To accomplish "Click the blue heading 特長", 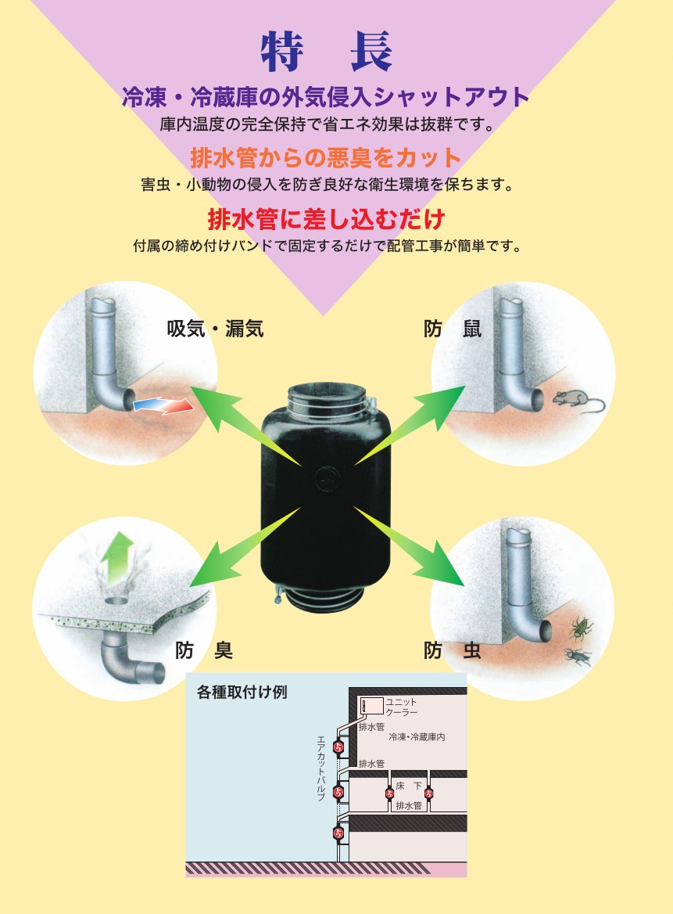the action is (x=326, y=52).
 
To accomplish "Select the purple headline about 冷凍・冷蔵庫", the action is (x=325, y=97).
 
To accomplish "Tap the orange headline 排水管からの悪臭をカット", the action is (x=326, y=157).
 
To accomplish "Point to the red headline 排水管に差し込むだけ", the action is (x=327, y=219).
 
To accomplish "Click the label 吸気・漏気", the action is (x=215, y=329).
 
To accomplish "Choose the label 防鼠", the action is (x=453, y=329).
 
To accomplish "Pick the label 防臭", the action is (x=204, y=650).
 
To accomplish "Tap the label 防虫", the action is (x=453, y=650).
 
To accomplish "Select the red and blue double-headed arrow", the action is (x=163, y=405).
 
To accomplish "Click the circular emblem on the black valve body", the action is (x=326, y=479).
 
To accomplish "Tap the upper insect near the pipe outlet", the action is (x=581, y=628).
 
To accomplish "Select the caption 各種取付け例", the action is (x=242, y=692).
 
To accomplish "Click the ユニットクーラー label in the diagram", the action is (x=402, y=707).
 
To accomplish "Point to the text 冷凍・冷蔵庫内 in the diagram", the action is (x=417, y=737).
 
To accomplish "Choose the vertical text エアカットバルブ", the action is (x=320, y=768).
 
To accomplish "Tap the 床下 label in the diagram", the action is (x=409, y=786).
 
